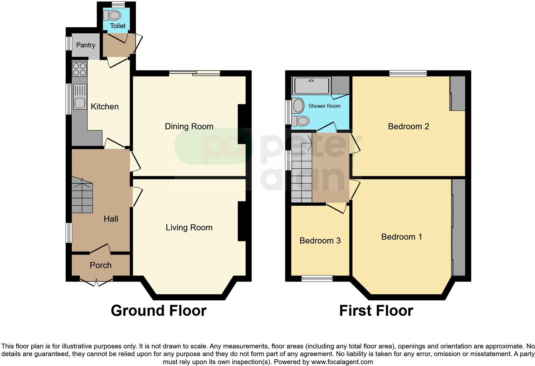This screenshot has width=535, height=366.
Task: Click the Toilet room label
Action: point(117,26)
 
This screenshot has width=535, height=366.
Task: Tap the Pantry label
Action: point(85,45)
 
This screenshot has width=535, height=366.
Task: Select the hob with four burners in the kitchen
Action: point(79,69)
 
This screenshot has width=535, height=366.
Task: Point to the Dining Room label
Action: point(189,126)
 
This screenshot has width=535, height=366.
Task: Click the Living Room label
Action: point(189,227)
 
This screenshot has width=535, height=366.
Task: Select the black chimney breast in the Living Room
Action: point(242,221)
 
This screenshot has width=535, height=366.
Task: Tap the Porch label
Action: point(100,265)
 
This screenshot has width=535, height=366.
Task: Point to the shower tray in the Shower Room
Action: point(312,85)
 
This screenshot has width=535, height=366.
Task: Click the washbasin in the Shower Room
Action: point(298,106)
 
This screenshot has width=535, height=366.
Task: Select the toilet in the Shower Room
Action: point(301,121)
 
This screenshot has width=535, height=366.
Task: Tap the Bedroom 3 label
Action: point(320,241)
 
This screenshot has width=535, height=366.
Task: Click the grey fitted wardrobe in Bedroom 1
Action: point(458,227)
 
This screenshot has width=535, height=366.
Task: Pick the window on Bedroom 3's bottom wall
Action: point(317,279)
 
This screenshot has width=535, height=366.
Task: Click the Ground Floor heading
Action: point(158,311)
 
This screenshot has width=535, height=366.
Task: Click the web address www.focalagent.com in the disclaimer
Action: point(342,362)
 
